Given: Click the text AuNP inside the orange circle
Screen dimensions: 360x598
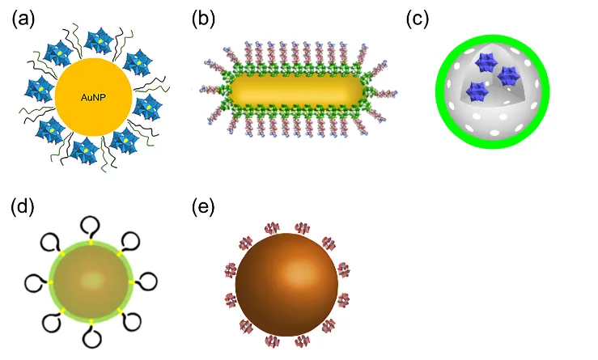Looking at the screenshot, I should (x=91, y=98).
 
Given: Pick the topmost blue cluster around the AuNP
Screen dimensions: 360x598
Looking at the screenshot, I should (x=102, y=40).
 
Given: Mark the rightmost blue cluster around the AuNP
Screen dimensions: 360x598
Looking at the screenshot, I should (x=148, y=107).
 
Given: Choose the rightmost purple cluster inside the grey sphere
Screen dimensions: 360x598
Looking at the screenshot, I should (x=510, y=77).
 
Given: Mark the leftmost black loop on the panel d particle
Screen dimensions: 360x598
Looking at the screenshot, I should (x=34, y=282).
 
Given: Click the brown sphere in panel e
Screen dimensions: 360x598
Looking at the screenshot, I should (x=286, y=281).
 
